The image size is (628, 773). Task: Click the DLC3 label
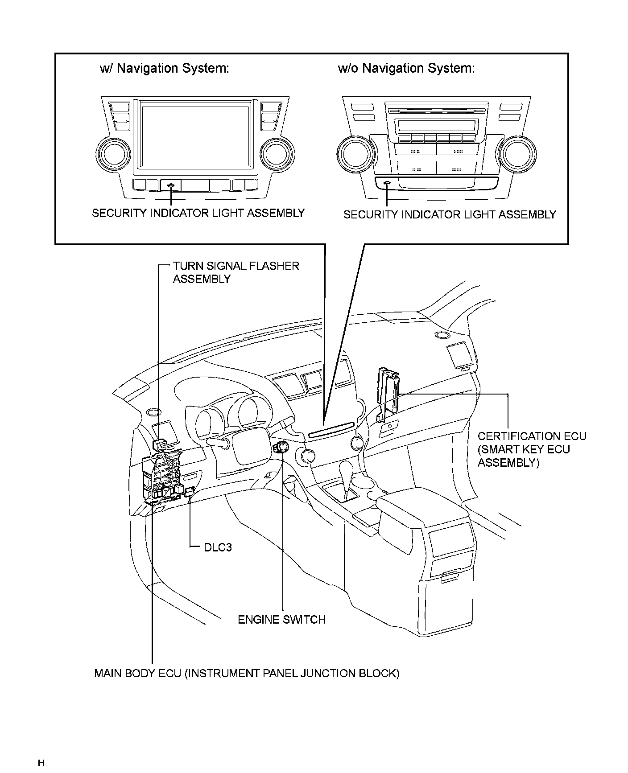pos(218,547)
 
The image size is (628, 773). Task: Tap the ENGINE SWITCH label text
pos(281,619)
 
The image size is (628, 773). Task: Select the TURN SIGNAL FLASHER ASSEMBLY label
pos(235,272)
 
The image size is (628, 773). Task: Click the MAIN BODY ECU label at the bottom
pos(247,673)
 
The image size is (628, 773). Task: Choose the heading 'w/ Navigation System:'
pos(164,68)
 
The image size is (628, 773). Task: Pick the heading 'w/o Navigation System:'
pos(406,68)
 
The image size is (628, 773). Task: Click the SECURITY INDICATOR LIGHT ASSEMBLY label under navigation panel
pos(198,213)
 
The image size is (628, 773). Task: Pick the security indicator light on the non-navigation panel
pos(387,183)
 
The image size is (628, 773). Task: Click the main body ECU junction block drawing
pos(161,477)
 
